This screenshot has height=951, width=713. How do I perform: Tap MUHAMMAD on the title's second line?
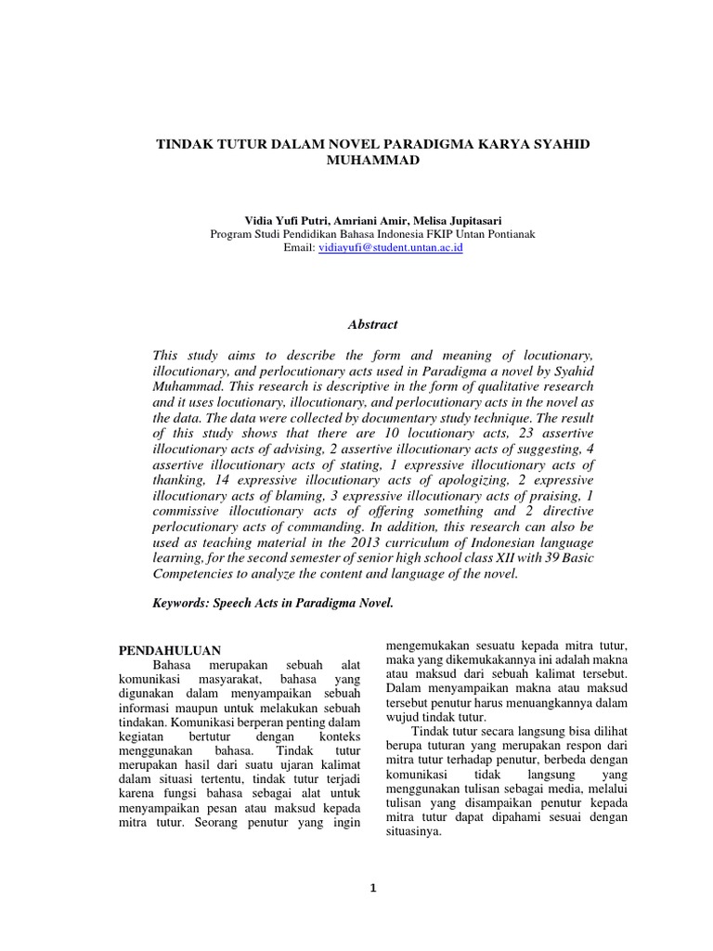pos(369,161)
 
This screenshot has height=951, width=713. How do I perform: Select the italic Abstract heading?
pos(371,324)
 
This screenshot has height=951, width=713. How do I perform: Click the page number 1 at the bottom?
pos(372,889)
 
